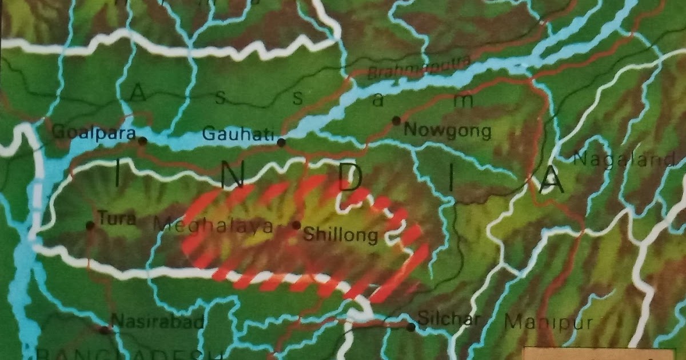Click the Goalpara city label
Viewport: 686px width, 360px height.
[x=94, y=133]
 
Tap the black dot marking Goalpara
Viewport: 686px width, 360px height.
[x=142, y=140]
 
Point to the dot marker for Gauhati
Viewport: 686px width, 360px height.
[x=281, y=142]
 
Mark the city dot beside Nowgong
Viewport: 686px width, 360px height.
[x=396, y=121]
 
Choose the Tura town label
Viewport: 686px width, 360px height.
[x=117, y=218]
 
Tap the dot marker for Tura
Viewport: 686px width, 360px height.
[x=90, y=226]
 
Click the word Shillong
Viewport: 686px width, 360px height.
[x=341, y=234]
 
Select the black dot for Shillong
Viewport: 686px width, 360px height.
[x=296, y=225]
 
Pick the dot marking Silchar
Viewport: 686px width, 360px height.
[x=410, y=327]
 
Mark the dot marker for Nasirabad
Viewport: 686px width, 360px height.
[x=105, y=330]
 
